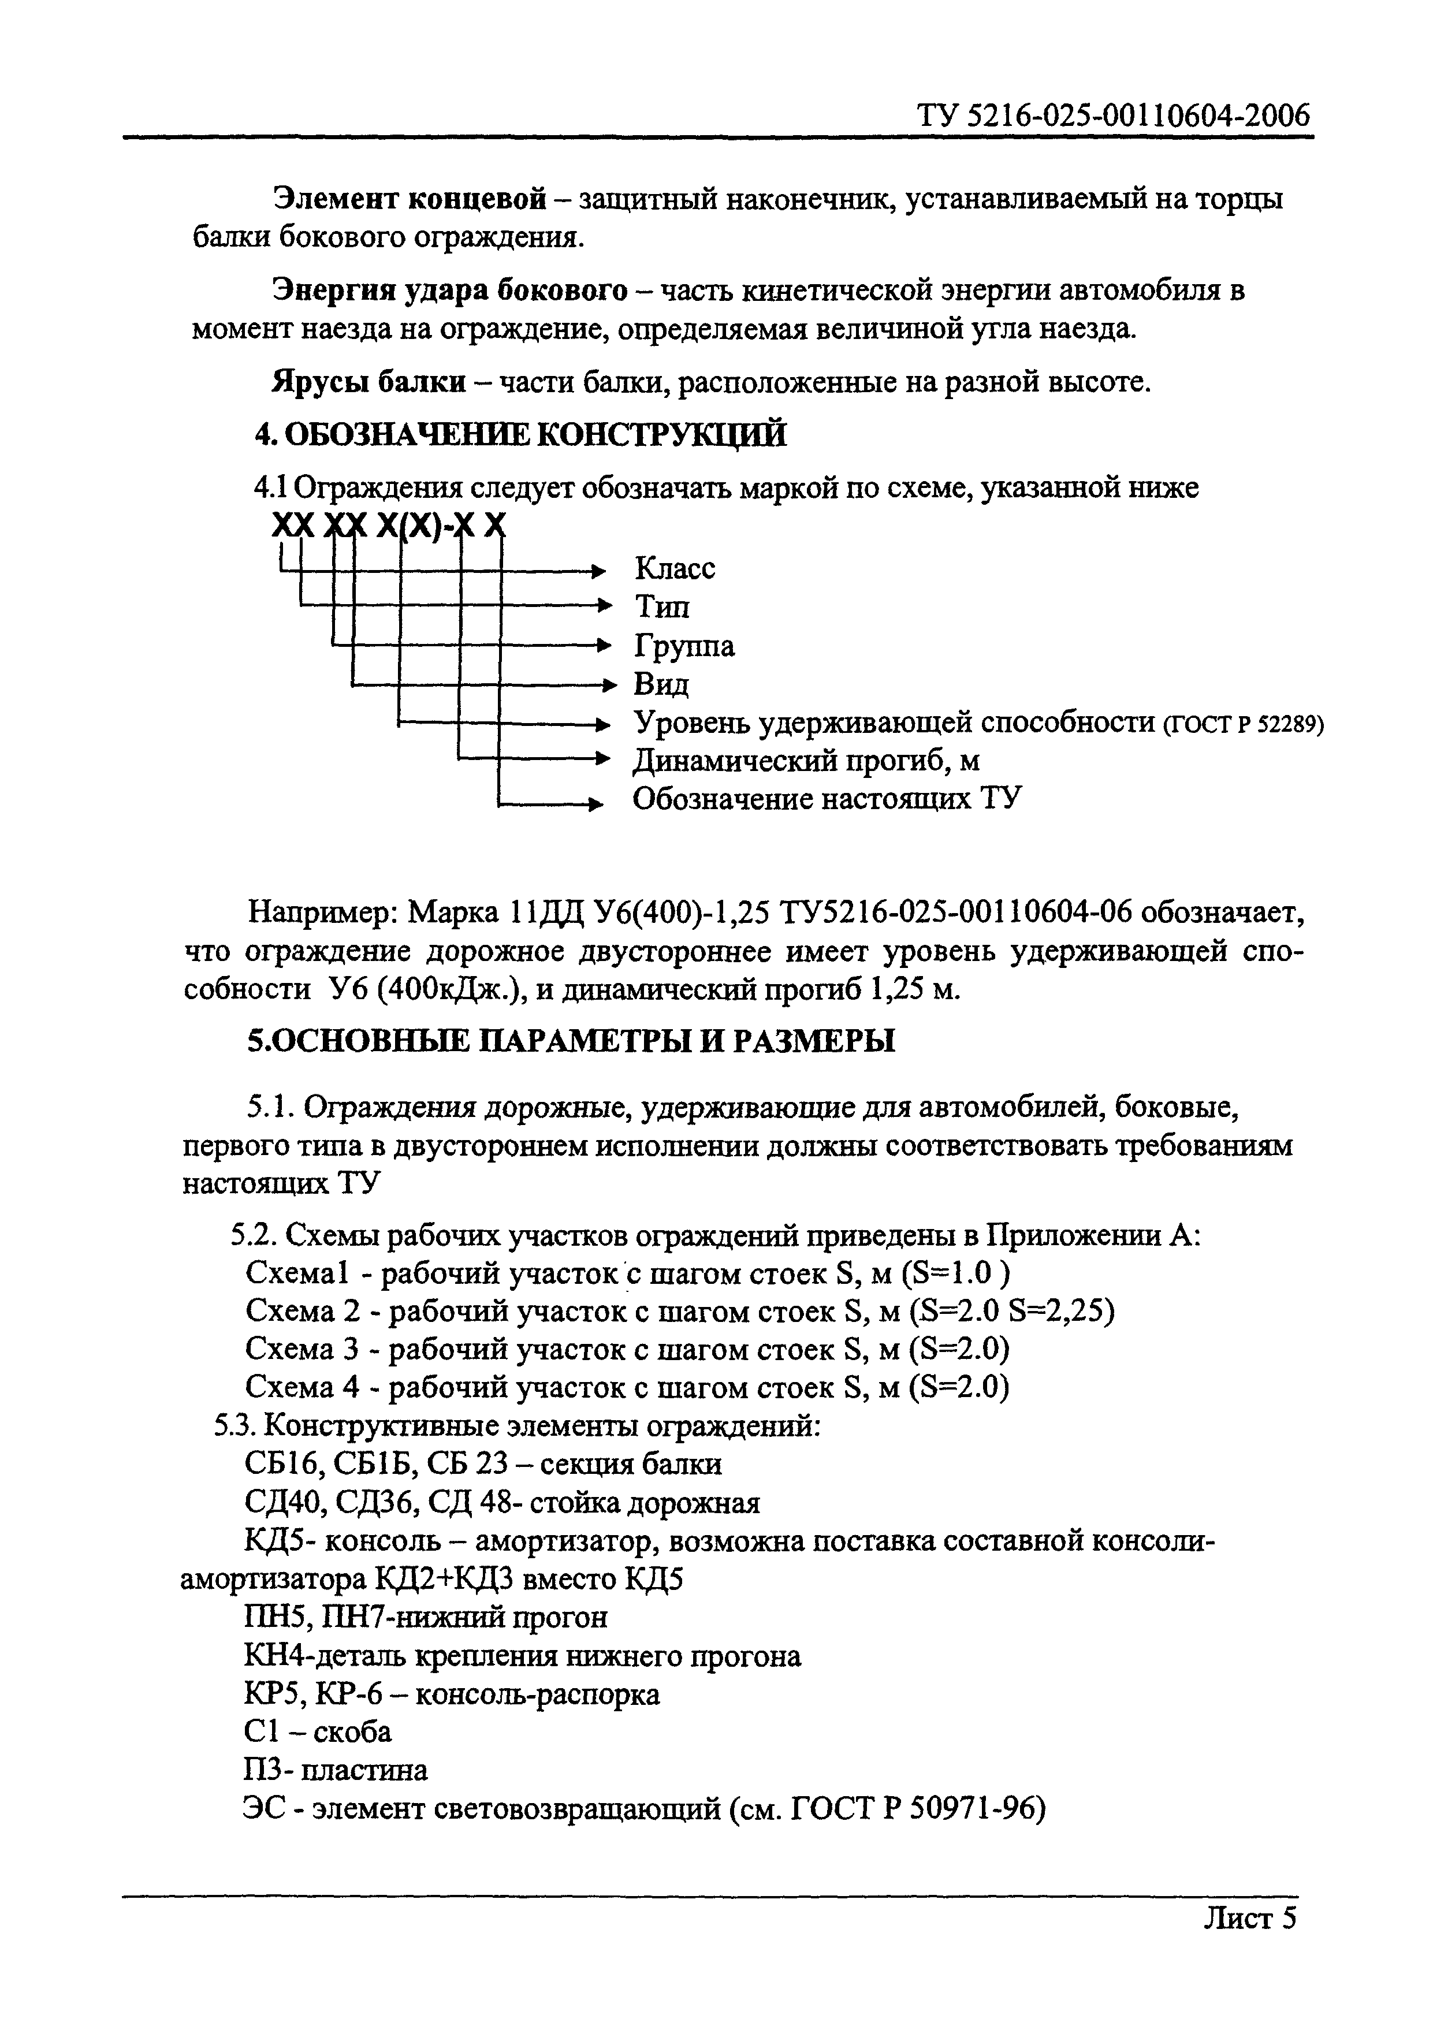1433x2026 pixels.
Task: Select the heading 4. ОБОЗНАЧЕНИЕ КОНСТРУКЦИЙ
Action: click(520, 435)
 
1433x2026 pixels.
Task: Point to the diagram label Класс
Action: click(675, 568)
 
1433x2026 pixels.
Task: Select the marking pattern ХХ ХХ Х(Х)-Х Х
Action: click(389, 527)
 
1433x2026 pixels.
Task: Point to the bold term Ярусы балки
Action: click(369, 382)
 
